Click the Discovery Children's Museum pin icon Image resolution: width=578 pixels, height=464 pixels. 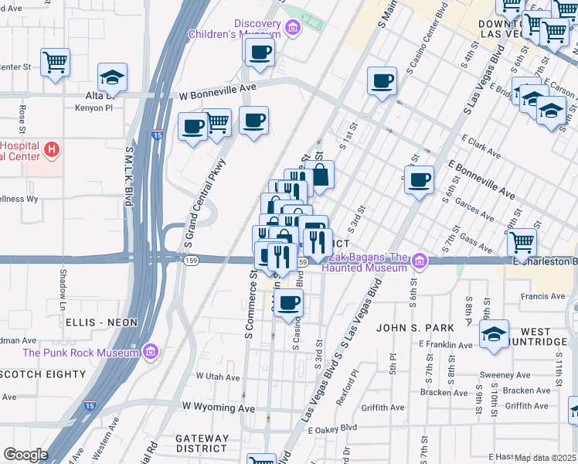coord(292,29)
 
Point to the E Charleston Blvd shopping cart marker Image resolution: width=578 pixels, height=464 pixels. coord(522,242)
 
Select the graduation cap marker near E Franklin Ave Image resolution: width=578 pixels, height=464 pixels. coord(494,333)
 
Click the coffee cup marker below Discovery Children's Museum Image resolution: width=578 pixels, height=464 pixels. coord(259,52)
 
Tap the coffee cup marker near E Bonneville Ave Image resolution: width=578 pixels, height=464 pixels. coord(419,180)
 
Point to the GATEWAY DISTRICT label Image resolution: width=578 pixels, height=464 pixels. coord(202,443)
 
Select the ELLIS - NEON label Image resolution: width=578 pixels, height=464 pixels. coord(101,322)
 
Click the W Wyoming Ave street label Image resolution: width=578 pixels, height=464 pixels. coord(219,407)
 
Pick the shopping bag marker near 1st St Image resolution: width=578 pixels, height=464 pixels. coord(318,175)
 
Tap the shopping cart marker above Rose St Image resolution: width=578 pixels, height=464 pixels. coord(55,62)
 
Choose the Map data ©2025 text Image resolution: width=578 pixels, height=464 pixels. coord(544,457)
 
